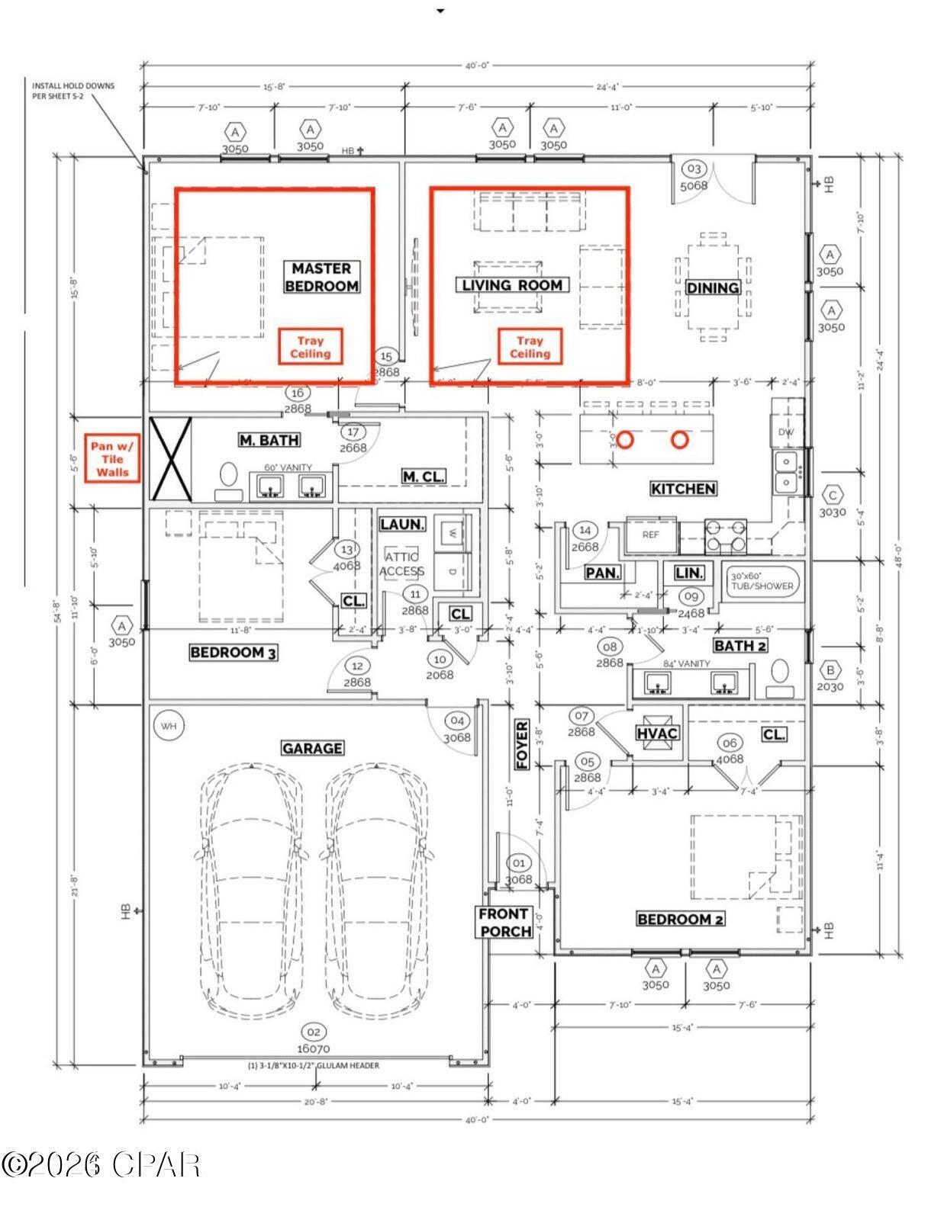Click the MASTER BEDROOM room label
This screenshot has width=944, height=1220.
(x=321, y=278)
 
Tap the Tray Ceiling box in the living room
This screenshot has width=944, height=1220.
(x=530, y=348)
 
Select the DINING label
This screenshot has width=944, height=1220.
(x=713, y=287)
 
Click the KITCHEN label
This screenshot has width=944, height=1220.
(x=683, y=489)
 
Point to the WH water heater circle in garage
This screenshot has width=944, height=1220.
(x=169, y=726)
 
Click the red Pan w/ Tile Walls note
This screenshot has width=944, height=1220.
(x=112, y=459)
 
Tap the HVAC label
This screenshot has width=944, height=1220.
(x=657, y=734)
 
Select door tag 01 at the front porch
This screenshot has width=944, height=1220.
(x=519, y=863)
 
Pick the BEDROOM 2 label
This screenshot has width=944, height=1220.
(x=680, y=919)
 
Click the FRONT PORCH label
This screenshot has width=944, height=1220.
(x=504, y=922)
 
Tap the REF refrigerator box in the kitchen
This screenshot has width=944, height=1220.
(x=651, y=535)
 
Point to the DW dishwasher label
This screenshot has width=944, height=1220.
(x=786, y=432)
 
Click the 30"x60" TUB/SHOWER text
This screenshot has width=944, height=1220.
(x=762, y=581)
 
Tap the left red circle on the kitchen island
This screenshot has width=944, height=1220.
(x=625, y=440)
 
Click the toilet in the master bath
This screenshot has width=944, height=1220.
(x=228, y=477)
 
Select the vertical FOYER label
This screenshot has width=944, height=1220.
(x=522, y=744)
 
